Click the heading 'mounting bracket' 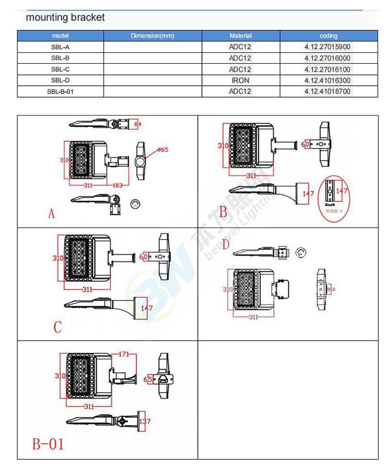pyautogui.click(x=65, y=17)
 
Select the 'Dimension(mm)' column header pyautogui.click(x=152, y=36)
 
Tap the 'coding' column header pyautogui.click(x=328, y=36)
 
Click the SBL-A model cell pyautogui.click(x=61, y=47)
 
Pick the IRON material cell pyautogui.click(x=240, y=81)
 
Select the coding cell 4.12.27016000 pyautogui.click(x=328, y=58)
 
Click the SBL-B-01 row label pyautogui.click(x=61, y=91)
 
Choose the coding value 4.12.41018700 pyautogui.click(x=328, y=91)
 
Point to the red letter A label pyautogui.click(x=51, y=214)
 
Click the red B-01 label pyautogui.click(x=48, y=444)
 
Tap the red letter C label pyautogui.click(x=57, y=327)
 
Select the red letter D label pyautogui.click(x=226, y=245)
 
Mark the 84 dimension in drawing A pyautogui.click(x=137, y=124)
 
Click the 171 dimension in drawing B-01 pyautogui.click(x=123, y=355)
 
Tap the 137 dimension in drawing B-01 pyautogui.click(x=145, y=421)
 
